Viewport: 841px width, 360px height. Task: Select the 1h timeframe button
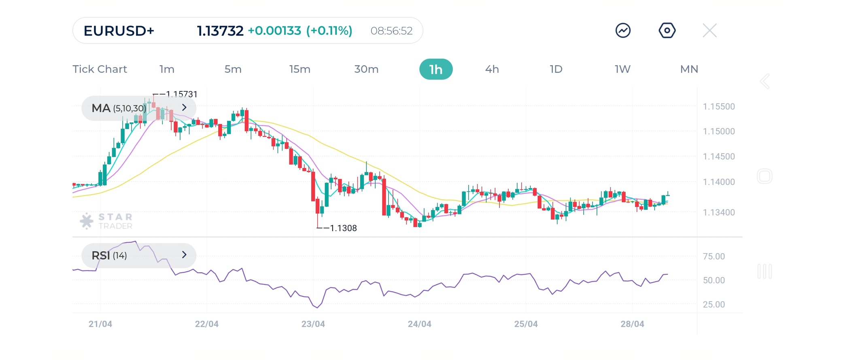coord(436,69)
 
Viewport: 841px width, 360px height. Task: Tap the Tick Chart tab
coord(100,69)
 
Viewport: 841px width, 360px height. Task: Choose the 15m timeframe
coord(299,69)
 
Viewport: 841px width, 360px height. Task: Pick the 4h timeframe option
coord(492,69)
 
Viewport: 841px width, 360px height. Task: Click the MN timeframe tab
coord(689,69)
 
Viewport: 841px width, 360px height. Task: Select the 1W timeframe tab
coord(622,69)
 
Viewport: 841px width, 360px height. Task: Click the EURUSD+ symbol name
coord(119,31)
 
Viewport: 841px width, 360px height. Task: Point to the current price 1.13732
coord(220,31)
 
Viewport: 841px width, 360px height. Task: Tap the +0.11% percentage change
coord(329,31)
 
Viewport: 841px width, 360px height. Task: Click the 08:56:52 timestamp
coord(391,31)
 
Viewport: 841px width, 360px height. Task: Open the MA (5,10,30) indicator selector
coord(139,108)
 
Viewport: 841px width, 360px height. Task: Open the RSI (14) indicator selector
coord(139,255)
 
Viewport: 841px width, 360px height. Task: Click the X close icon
coord(709,31)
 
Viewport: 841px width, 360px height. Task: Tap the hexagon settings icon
coord(667,31)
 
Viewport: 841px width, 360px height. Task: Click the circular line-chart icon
coord(623,31)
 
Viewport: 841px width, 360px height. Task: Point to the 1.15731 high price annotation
coord(181,94)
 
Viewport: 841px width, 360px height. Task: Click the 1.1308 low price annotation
coord(343,228)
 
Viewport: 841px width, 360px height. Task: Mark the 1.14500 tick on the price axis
coord(719,157)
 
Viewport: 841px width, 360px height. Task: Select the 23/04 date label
coord(313,324)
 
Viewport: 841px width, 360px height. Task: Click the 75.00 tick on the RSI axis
coord(714,256)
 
